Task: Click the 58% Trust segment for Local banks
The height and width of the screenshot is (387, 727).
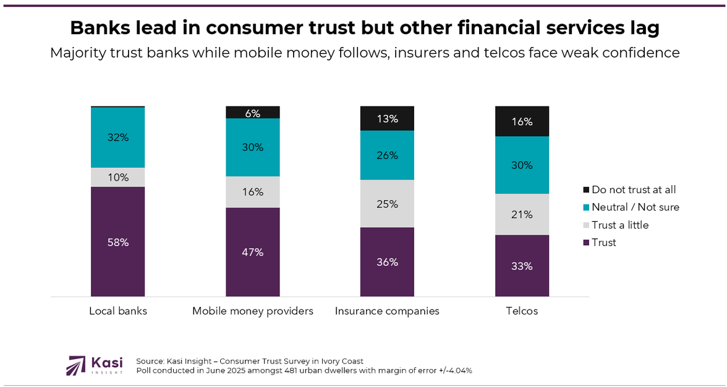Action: pos(117,241)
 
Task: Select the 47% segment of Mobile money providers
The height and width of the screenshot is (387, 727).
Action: pos(252,252)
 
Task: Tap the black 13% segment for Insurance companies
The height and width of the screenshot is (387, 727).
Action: pos(387,118)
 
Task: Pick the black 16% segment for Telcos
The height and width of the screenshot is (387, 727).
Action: pos(522,121)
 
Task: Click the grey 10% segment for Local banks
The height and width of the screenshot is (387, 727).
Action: pos(117,177)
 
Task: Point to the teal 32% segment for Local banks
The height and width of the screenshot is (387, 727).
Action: pos(117,137)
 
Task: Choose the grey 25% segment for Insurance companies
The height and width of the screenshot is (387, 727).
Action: pos(387,204)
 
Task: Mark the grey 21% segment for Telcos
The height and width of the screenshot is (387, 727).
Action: pos(522,214)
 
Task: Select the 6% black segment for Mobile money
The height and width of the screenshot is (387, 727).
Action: pos(252,113)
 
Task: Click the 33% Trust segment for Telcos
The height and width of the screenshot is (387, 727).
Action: pos(522,266)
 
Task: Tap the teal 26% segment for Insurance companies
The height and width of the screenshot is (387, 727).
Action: pos(387,155)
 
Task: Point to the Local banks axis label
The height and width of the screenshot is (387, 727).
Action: pos(117,311)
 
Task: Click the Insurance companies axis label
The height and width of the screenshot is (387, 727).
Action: pos(387,311)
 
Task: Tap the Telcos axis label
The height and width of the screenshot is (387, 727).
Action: pos(522,311)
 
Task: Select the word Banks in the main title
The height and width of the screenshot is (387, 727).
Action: pos(98,28)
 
